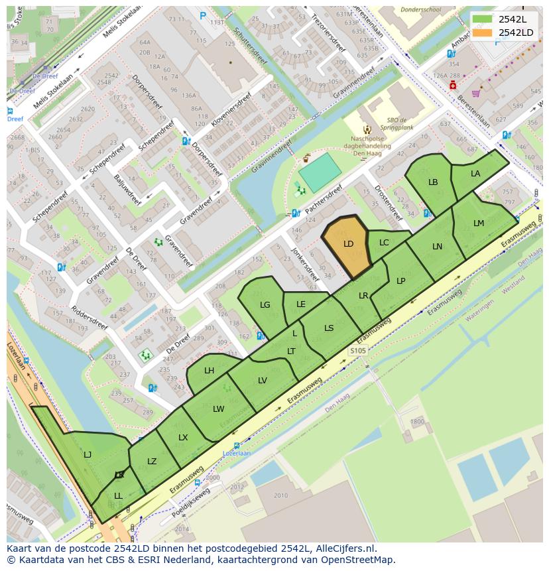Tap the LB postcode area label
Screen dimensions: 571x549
tap(433, 182)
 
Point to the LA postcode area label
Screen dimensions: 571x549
tap(475, 174)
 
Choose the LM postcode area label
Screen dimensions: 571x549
tap(479, 223)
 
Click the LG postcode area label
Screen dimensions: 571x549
tap(265, 305)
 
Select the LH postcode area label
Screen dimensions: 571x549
tap(210, 371)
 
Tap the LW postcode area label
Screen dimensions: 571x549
tap(219, 409)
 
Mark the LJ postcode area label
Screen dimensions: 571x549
tap(88, 455)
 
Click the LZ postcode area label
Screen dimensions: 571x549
tap(152, 462)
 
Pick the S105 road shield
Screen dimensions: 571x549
tap(358, 350)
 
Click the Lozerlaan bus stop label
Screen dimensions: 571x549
tap(237, 454)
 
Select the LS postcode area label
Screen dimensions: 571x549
tap(329, 328)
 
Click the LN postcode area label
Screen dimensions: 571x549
tap(437, 247)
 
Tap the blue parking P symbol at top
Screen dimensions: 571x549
tap(204, 16)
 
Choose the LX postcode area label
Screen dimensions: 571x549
tap(183, 438)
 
